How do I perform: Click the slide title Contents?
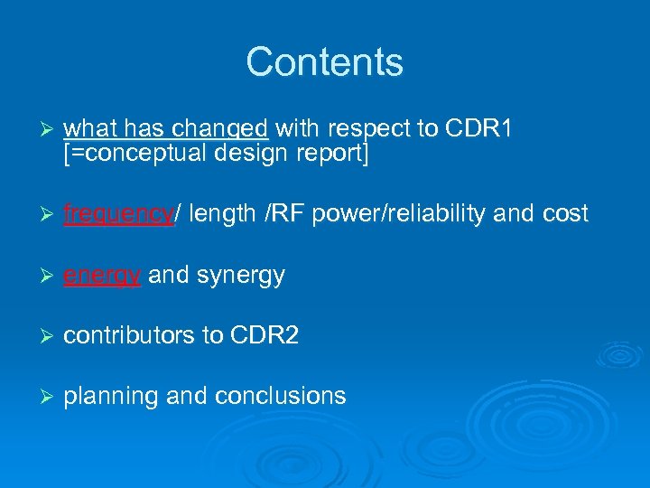point(324,62)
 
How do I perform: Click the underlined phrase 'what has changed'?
point(166,129)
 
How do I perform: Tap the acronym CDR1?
point(479,129)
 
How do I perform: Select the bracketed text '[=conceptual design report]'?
point(217,154)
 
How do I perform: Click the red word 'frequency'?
point(118,214)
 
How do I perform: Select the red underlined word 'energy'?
point(102,276)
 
